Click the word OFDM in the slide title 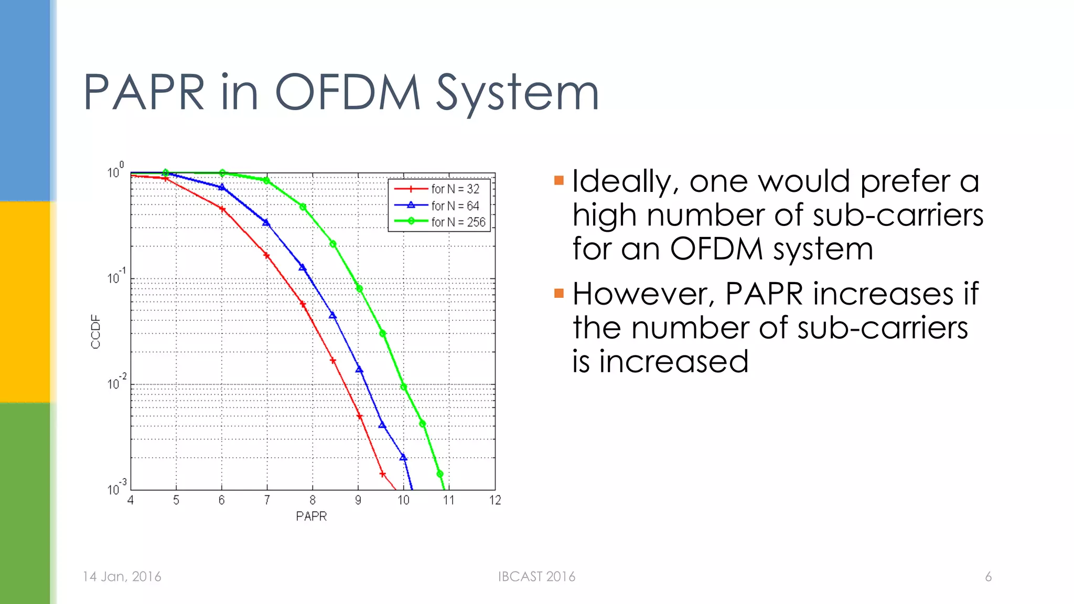[x=348, y=93]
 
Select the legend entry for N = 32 [x=455, y=189]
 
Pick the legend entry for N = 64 [x=455, y=206]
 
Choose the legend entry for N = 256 [x=458, y=222]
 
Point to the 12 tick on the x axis [x=495, y=500]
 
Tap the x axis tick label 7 [x=267, y=500]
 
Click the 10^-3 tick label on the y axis [x=116, y=488]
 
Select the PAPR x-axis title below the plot [x=311, y=516]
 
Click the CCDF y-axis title [x=95, y=331]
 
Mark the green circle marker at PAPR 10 [x=404, y=387]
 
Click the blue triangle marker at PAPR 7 [x=266, y=223]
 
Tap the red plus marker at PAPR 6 [x=222, y=209]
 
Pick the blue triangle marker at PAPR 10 [x=403, y=457]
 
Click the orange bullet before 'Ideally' [x=559, y=181]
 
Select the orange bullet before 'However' [x=559, y=293]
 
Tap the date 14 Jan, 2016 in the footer [x=122, y=577]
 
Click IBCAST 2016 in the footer [x=536, y=577]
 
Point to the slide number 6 [x=988, y=577]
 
